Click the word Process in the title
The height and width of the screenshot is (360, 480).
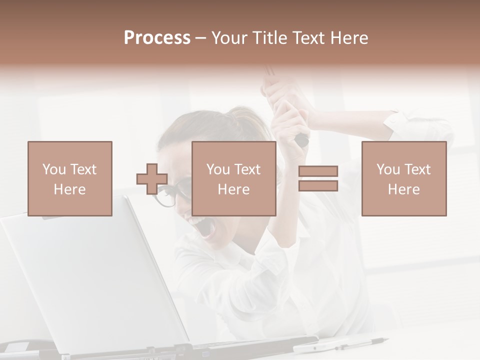157,38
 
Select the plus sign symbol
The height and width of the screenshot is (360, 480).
152,179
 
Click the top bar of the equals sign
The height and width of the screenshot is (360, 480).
318,171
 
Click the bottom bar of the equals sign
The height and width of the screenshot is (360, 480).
318,186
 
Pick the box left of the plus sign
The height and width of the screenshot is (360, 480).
70,178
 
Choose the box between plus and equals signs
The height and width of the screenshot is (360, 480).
234,178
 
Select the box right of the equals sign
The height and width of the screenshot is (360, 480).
404,178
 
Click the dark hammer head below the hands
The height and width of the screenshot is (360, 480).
301,139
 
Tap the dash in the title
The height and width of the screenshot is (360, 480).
201,38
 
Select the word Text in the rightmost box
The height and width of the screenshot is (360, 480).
417,169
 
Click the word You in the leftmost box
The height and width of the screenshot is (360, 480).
54,169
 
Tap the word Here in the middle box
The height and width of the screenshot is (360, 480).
234,189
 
